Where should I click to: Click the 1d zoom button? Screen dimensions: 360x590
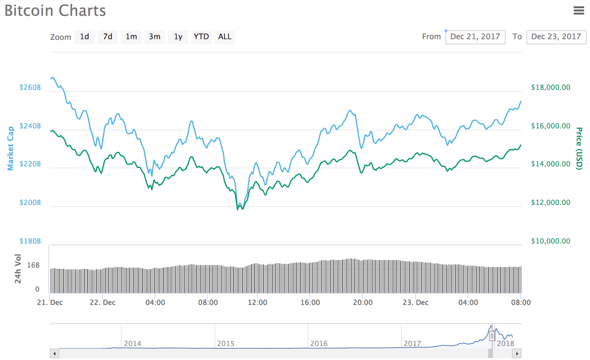tap(84, 37)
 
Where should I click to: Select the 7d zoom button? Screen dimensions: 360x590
tap(108, 37)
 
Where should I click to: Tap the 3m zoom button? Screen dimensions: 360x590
tap(155, 37)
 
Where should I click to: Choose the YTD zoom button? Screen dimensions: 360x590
tap(201, 37)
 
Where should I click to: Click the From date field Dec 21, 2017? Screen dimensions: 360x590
tap(475, 37)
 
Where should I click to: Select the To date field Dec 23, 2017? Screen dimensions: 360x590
tap(556, 37)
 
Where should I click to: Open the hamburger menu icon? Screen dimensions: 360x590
tap(579, 11)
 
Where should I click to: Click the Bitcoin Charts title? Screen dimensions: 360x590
tap(55, 11)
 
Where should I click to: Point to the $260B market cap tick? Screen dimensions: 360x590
tap(30, 87)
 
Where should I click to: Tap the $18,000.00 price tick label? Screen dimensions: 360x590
tap(551, 87)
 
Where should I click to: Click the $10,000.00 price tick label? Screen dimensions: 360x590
tap(551, 241)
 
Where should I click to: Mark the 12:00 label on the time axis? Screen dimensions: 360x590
tap(257, 302)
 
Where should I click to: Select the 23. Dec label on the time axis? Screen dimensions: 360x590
tap(416, 302)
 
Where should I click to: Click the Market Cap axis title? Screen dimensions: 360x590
tap(10, 148)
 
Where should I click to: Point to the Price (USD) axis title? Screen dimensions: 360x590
tap(579, 148)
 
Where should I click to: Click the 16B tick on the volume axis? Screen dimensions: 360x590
tap(33, 265)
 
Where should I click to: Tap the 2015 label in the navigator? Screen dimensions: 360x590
tap(226, 343)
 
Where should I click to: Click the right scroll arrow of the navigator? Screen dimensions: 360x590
tap(517, 354)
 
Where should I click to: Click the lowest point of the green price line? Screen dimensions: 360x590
tap(238, 210)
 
